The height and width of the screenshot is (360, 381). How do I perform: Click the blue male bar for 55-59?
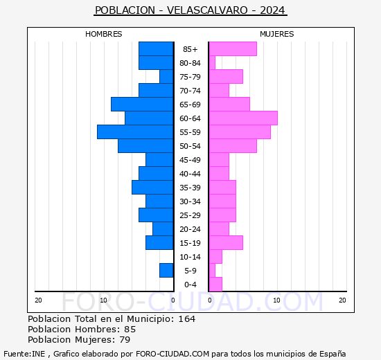135,132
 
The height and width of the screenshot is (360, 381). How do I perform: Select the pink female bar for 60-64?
243,118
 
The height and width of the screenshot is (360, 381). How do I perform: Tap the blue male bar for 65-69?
142,105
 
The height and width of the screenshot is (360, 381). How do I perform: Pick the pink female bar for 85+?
233,49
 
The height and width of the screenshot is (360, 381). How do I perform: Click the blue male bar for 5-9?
166,271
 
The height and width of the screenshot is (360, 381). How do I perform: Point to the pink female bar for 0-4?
215,285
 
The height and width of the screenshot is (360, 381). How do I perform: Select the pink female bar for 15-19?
226,243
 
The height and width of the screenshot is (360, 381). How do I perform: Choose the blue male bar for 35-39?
152,188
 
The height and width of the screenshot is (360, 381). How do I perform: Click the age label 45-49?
190,160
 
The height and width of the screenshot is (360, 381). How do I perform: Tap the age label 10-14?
190,257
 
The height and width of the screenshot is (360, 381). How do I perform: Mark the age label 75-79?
190,77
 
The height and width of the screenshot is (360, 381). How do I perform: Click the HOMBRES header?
104,34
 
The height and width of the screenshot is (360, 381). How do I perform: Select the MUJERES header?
276,34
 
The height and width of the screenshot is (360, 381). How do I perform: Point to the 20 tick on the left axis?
39,300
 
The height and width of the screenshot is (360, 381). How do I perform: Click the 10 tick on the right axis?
276,300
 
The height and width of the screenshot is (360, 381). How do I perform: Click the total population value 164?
186,319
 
